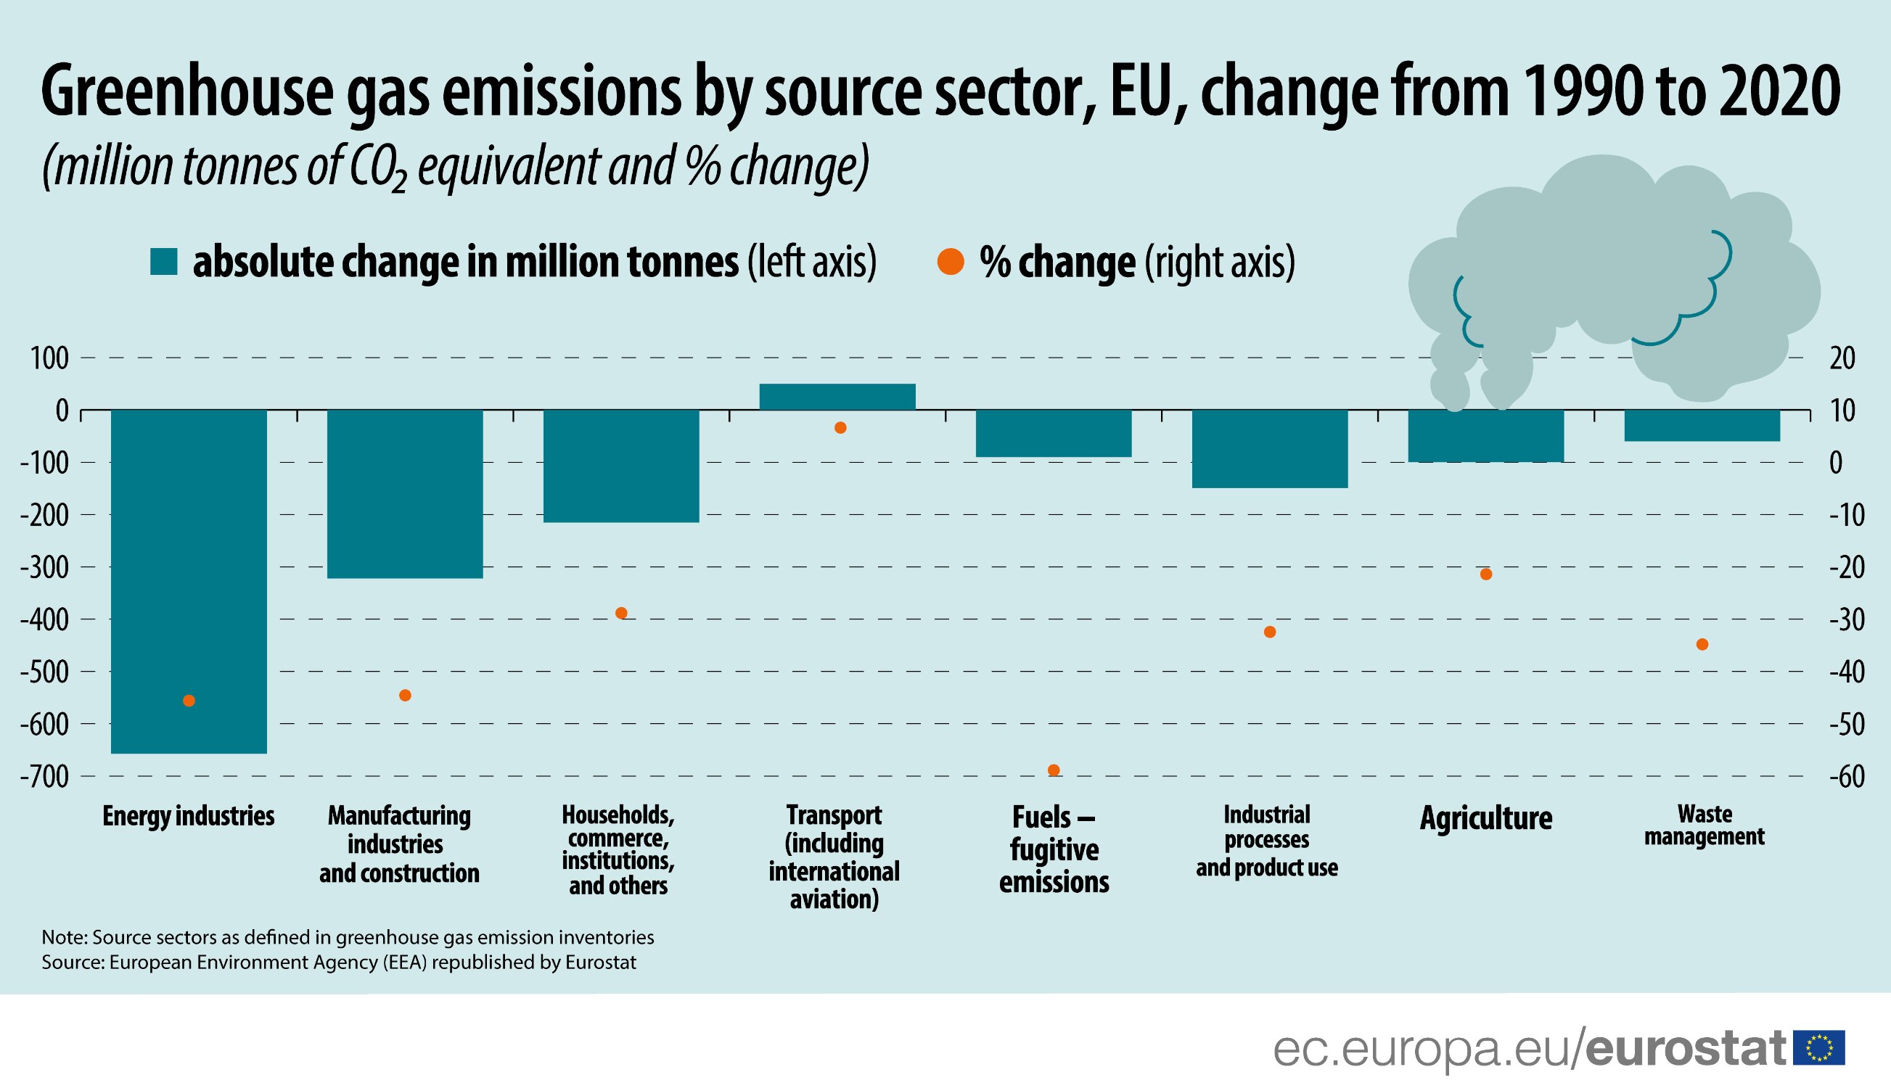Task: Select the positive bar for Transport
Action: click(x=837, y=397)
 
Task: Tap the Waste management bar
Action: click(x=1702, y=425)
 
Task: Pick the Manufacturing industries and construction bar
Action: click(x=404, y=493)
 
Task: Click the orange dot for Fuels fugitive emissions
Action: click(x=1054, y=770)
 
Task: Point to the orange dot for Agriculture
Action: click(x=1486, y=574)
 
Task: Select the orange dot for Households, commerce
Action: click(x=620, y=613)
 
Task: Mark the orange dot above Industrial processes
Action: click(x=1270, y=632)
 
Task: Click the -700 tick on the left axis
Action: click(x=44, y=776)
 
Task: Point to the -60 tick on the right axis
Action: click(x=1847, y=776)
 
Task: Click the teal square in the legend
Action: click(x=163, y=262)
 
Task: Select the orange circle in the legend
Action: click(x=950, y=262)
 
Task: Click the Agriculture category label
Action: click(x=1486, y=817)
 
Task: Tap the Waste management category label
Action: click(x=1703, y=824)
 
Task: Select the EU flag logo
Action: click(x=1819, y=1047)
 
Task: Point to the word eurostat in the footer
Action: click(x=1686, y=1048)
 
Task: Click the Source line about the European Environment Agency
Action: click(x=339, y=962)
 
